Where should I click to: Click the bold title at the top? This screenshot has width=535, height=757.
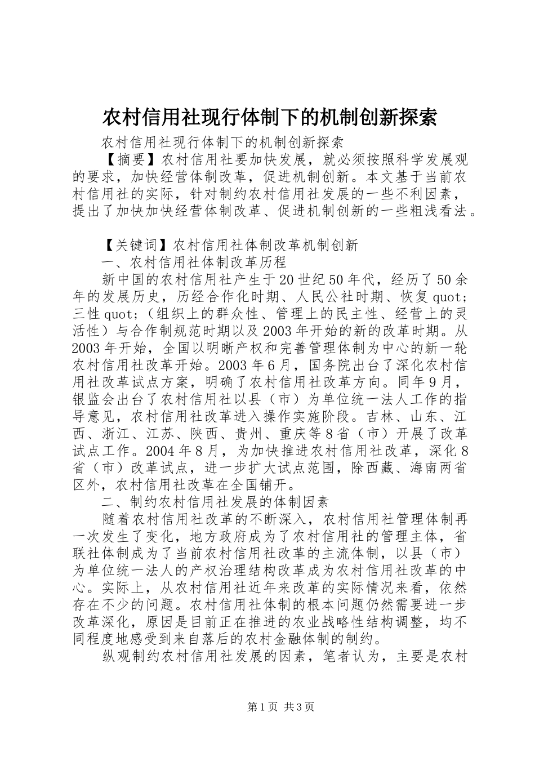pos(269,117)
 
